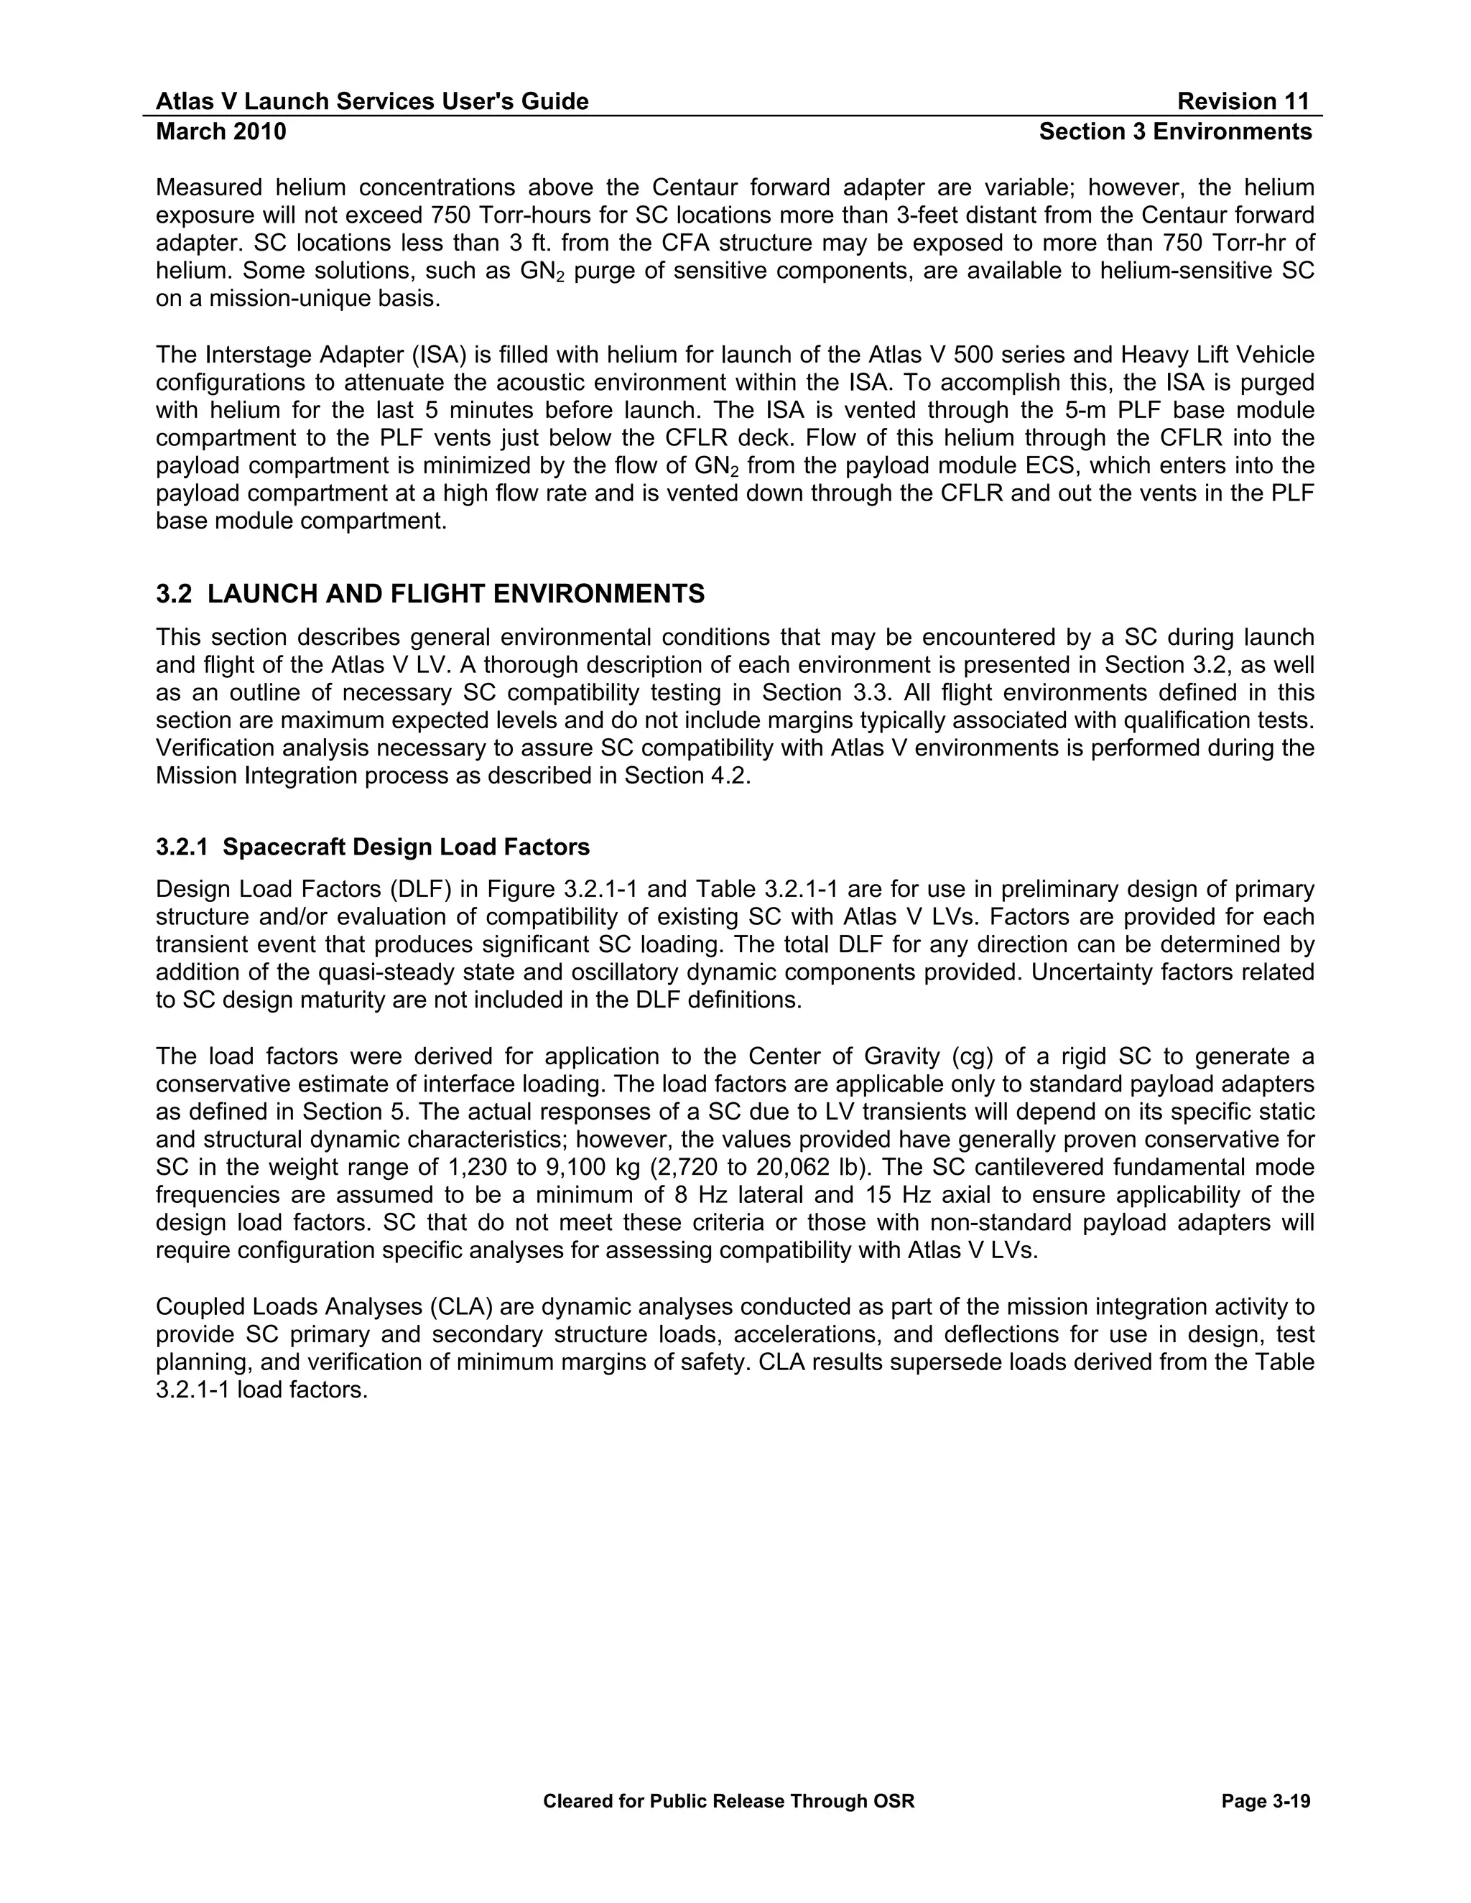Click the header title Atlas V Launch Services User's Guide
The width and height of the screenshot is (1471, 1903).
[x=372, y=102]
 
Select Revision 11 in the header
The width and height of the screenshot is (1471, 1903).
[x=1243, y=102]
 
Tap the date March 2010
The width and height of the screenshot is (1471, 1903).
[x=221, y=131]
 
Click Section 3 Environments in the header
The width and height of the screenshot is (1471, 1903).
[x=1176, y=131]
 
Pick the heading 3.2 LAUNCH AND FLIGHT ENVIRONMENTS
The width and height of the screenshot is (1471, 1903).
[x=430, y=595]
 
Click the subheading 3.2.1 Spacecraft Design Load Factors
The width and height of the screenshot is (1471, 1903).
[x=372, y=847]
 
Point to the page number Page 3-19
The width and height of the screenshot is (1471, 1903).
[x=1266, y=1801]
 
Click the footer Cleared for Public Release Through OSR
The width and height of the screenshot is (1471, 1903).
[x=728, y=1801]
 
